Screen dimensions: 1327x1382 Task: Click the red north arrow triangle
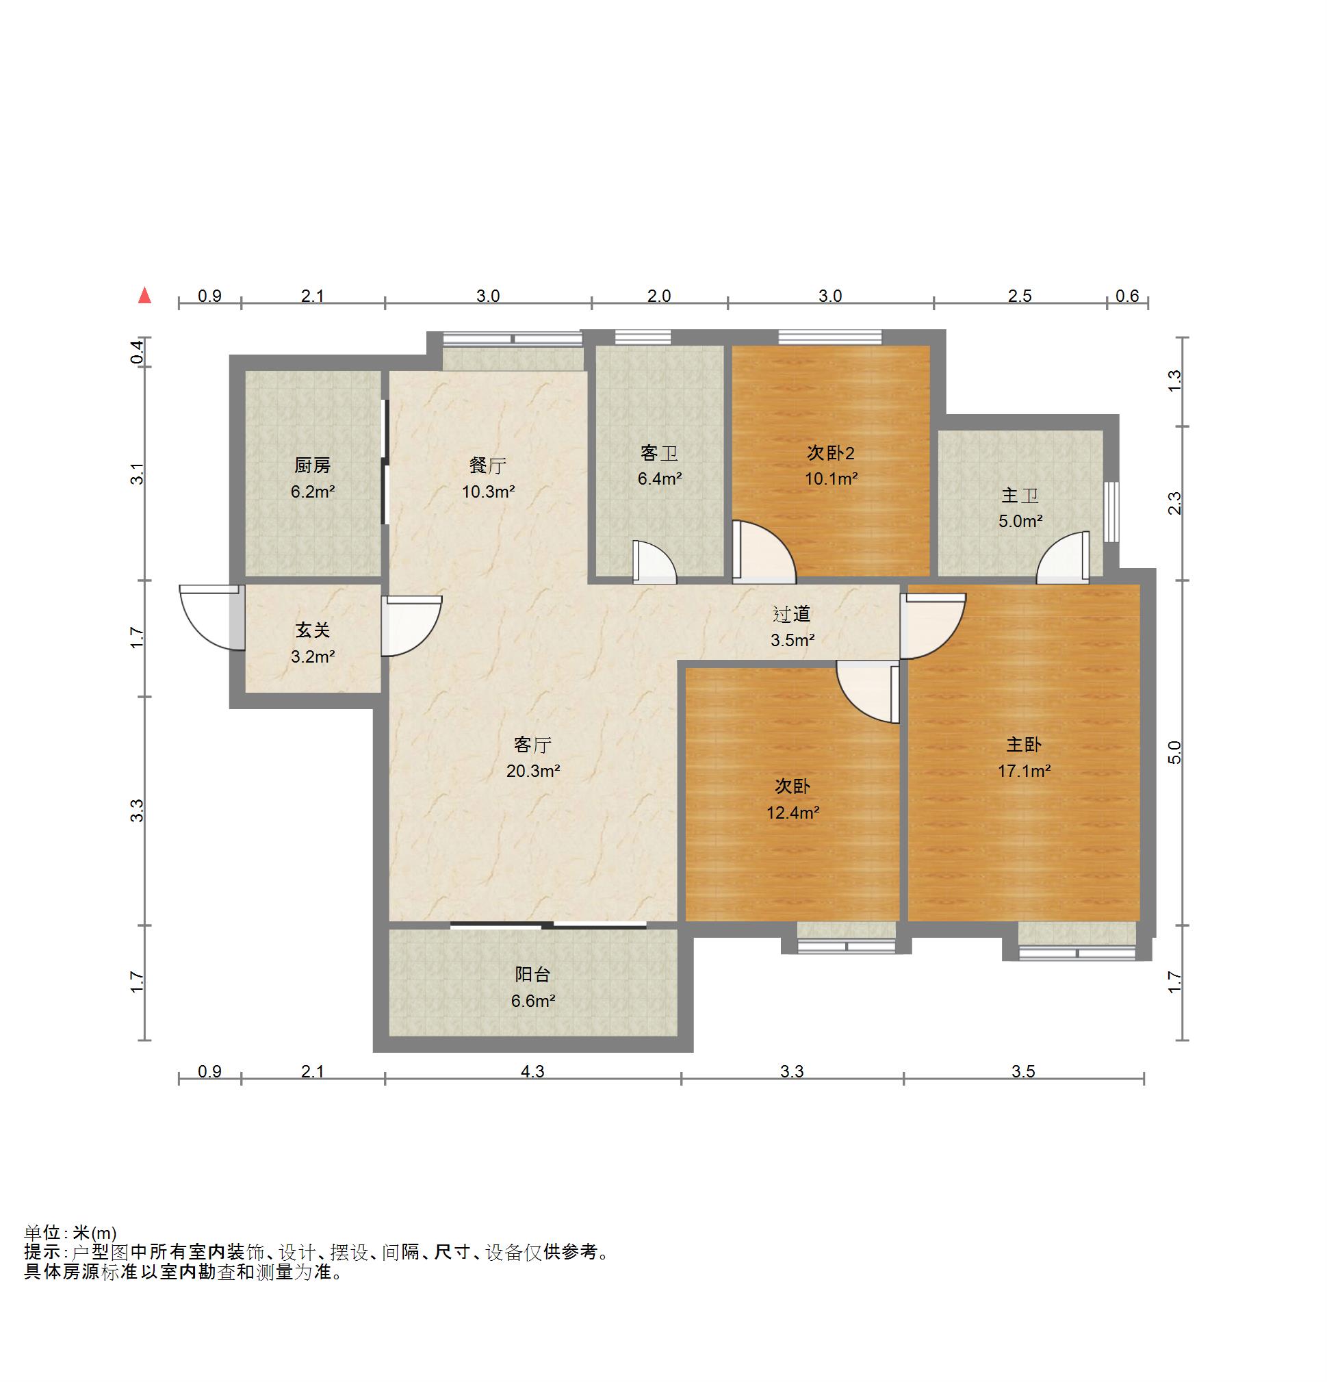pyautogui.click(x=144, y=295)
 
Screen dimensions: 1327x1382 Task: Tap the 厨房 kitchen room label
pyautogui.click(x=312, y=465)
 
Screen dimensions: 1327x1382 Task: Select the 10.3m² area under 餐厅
pyautogui.click(x=488, y=491)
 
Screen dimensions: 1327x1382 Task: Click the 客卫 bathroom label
pyautogui.click(x=659, y=452)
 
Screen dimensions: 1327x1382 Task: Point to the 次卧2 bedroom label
pyautogui.click(x=831, y=452)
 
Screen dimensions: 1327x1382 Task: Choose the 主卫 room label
pyautogui.click(x=1020, y=496)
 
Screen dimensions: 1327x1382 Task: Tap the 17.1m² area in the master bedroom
pyautogui.click(x=1024, y=771)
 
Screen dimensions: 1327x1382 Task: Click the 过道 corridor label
pyautogui.click(x=792, y=614)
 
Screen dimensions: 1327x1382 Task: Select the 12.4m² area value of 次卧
pyautogui.click(x=793, y=812)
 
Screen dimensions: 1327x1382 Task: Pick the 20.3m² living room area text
pyautogui.click(x=533, y=771)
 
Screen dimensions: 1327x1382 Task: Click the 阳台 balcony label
pyautogui.click(x=532, y=975)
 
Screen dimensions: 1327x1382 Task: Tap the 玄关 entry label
pyautogui.click(x=312, y=630)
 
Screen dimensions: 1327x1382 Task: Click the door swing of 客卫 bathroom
pyautogui.click(x=654, y=561)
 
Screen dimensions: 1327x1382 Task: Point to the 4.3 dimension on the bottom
pyautogui.click(x=532, y=1071)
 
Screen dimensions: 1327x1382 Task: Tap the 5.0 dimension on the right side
pyautogui.click(x=1174, y=753)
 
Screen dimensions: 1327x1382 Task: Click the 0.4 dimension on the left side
pyautogui.click(x=139, y=352)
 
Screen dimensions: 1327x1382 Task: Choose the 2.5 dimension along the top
pyautogui.click(x=1020, y=296)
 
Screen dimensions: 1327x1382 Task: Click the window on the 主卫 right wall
pyautogui.click(x=1111, y=512)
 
